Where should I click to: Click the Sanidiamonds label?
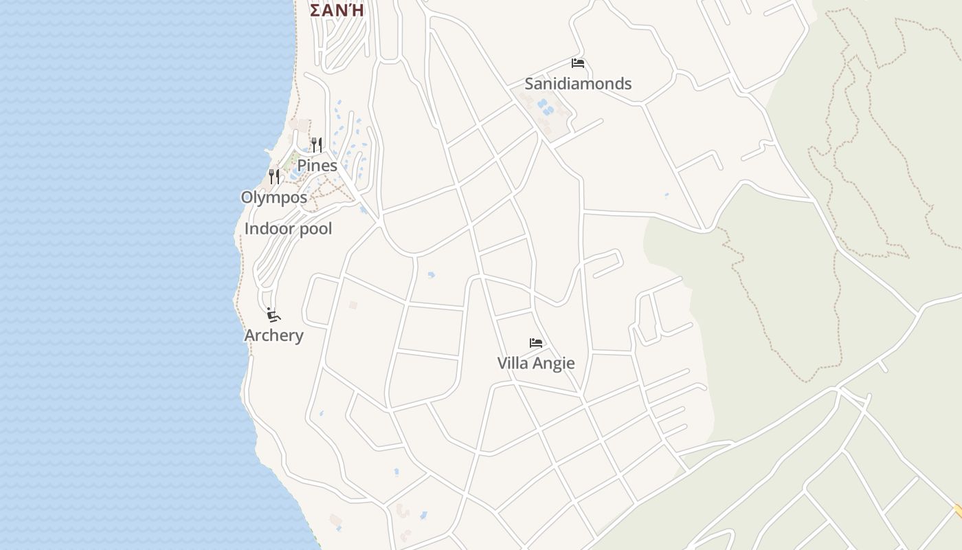[x=578, y=84]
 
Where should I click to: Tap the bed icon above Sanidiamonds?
[x=578, y=63]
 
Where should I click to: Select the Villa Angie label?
[x=536, y=363]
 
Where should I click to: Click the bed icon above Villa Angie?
[x=536, y=342]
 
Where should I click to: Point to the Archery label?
[x=273, y=335]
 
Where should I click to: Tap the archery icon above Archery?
[x=273, y=315]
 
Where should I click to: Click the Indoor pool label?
[x=289, y=229]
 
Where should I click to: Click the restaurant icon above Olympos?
[x=274, y=177]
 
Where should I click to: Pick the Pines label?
[x=317, y=166]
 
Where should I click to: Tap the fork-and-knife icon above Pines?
[x=317, y=144]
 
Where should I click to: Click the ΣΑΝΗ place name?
[x=337, y=10]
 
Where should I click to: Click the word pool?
[x=314, y=229]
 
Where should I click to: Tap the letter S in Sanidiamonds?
[x=529, y=84]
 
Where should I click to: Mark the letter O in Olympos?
[x=246, y=197]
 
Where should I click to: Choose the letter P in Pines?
[x=302, y=166]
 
